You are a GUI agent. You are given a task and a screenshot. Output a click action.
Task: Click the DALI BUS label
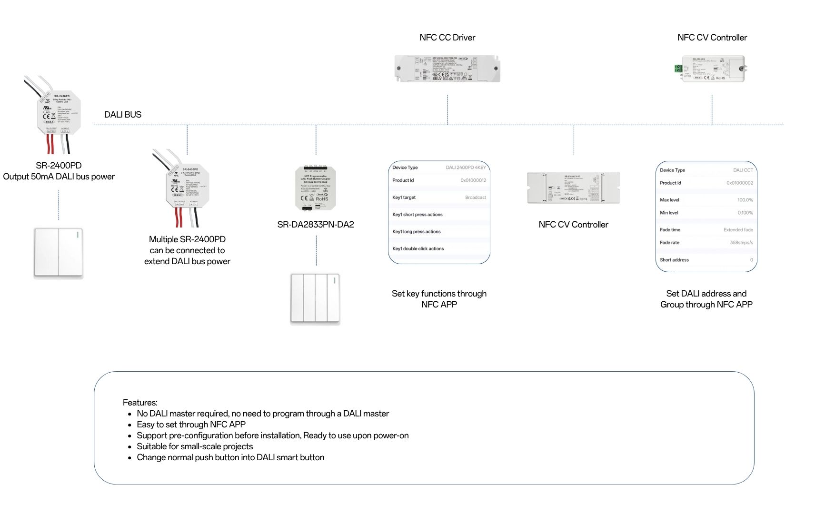123,115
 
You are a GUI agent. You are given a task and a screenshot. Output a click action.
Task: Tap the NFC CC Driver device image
447,69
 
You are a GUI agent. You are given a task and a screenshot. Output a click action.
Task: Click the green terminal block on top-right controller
678,69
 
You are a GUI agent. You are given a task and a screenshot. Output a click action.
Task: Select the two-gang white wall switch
59,252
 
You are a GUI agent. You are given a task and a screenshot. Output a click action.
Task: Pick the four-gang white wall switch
315,298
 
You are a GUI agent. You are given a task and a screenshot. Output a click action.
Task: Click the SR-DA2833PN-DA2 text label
316,225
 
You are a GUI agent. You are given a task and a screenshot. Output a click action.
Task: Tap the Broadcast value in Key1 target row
475,198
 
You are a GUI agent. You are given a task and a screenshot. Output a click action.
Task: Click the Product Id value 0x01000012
473,180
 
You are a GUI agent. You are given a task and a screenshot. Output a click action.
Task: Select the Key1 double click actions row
418,249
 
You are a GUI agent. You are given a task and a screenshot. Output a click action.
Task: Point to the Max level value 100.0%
745,200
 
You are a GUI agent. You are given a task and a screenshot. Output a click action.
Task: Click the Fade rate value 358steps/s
741,243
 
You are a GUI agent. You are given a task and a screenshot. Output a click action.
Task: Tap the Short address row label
674,260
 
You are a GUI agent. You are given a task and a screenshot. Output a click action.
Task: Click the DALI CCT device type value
743,170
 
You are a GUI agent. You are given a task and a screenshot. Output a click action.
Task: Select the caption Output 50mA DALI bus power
59,177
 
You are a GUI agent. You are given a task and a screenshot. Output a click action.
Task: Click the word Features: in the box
140,403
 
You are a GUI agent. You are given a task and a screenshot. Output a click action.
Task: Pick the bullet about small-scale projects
195,446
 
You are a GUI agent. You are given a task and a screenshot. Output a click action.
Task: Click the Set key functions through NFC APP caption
439,299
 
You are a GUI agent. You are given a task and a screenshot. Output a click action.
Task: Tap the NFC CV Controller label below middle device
573,225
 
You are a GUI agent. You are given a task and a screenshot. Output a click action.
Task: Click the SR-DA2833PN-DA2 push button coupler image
316,188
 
